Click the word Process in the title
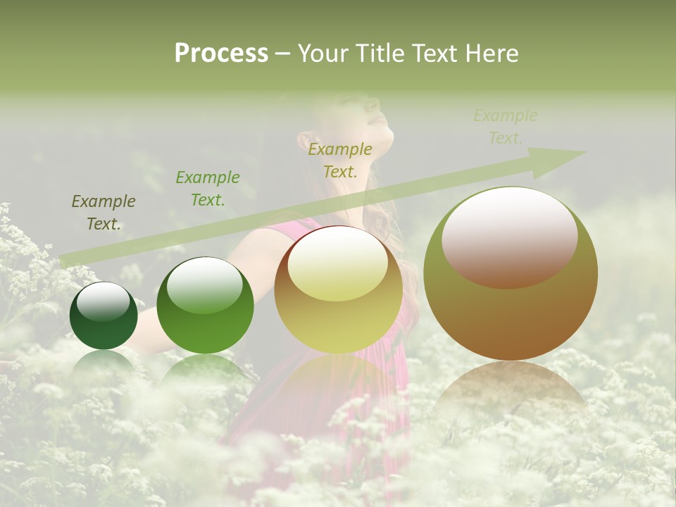click(221, 54)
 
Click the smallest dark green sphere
click(104, 315)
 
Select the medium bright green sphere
click(205, 305)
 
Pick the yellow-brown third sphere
click(338, 289)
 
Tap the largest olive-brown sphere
click(511, 273)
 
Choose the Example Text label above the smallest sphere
click(104, 213)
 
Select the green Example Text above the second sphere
click(208, 189)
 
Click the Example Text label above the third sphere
click(340, 160)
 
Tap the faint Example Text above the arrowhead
click(506, 127)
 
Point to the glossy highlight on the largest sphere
click(510, 236)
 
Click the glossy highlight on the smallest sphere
click(104, 301)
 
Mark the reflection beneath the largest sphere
click(510, 394)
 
